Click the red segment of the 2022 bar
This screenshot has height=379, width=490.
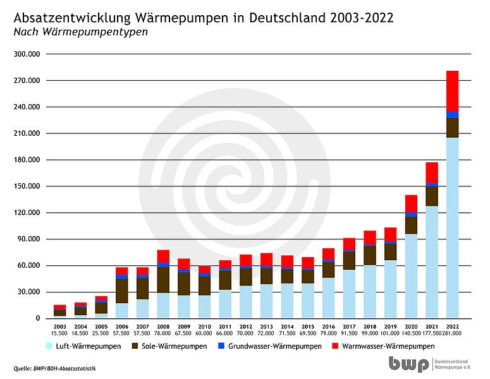[452, 91]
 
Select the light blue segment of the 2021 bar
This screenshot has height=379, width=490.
[432, 262]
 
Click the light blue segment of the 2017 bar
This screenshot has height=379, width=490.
[349, 294]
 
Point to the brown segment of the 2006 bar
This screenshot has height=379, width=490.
[121, 291]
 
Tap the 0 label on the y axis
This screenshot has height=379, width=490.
[38, 318]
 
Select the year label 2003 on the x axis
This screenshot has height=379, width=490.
[59, 327]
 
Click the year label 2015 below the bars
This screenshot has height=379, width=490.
[307, 327]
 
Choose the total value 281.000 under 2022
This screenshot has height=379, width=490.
[452, 333]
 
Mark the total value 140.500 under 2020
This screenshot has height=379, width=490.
[411, 333]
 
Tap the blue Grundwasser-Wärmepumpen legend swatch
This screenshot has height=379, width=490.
[238, 347]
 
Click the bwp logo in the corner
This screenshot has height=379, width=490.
[409, 364]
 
